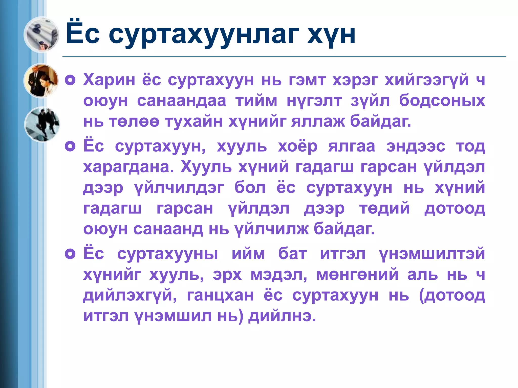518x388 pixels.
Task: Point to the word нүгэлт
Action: coord(314,101)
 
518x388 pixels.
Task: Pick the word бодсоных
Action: coord(442,101)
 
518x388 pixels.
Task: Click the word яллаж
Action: coord(318,122)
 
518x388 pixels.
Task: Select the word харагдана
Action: coord(128,167)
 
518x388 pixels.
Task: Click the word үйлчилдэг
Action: coord(179,188)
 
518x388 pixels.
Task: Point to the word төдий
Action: coord(384,209)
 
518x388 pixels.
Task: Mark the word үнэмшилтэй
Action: coord(432,254)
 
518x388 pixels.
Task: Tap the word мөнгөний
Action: coord(357,275)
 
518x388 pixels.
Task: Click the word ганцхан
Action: coord(220,295)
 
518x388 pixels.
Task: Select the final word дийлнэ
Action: coord(282,316)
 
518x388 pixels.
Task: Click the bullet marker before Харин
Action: coord(70,80)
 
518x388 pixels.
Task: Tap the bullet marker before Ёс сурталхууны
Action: coord(70,254)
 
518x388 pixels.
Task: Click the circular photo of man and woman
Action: coord(41,80)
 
